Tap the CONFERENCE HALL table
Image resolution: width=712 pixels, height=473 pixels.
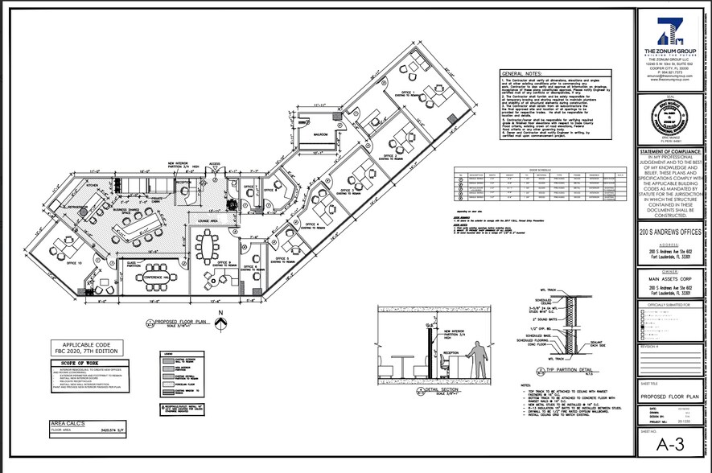pos(154,279)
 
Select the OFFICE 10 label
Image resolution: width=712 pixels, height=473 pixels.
pos(75,263)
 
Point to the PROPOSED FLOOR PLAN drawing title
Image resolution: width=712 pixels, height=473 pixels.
pos(181,323)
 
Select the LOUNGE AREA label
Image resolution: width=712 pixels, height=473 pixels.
pos(208,220)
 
